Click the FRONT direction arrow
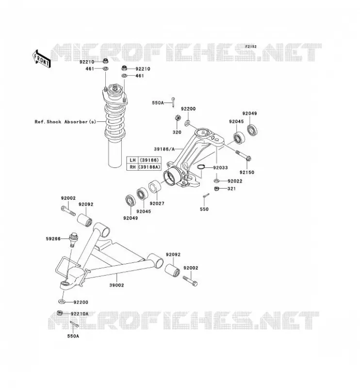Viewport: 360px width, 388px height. pyautogui.click(x=41, y=59)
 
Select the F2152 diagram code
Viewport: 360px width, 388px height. pyautogui.click(x=251, y=47)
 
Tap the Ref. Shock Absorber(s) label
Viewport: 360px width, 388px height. pyautogui.click(x=65, y=122)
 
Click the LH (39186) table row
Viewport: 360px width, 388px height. pyautogui.click(x=144, y=160)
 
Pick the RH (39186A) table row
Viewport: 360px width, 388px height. pyautogui.click(x=144, y=167)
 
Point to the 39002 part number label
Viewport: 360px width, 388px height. pyautogui.click(x=116, y=285)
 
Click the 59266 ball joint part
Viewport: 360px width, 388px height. pyautogui.click(x=74, y=239)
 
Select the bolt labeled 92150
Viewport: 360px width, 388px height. pyautogui.click(x=244, y=155)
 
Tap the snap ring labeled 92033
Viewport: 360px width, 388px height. pyautogui.click(x=200, y=167)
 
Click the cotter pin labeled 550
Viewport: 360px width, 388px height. pyautogui.click(x=206, y=196)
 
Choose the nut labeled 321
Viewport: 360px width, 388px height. pyautogui.click(x=216, y=189)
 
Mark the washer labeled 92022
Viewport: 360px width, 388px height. pyautogui.click(x=216, y=181)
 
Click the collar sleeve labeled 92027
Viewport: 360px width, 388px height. pyautogui.click(x=155, y=187)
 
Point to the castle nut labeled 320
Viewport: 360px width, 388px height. pyautogui.click(x=177, y=117)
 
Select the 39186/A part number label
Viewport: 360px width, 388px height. pyautogui.click(x=164, y=149)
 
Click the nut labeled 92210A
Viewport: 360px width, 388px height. pyautogui.click(x=59, y=313)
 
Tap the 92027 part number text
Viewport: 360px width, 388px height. pyautogui.click(x=157, y=203)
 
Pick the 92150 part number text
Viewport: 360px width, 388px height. pyautogui.click(x=247, y=172)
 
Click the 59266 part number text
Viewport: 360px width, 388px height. pyautogui.click(x=53, y=239)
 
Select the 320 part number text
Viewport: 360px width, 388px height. pyautogui.click(x=177, y=132)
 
